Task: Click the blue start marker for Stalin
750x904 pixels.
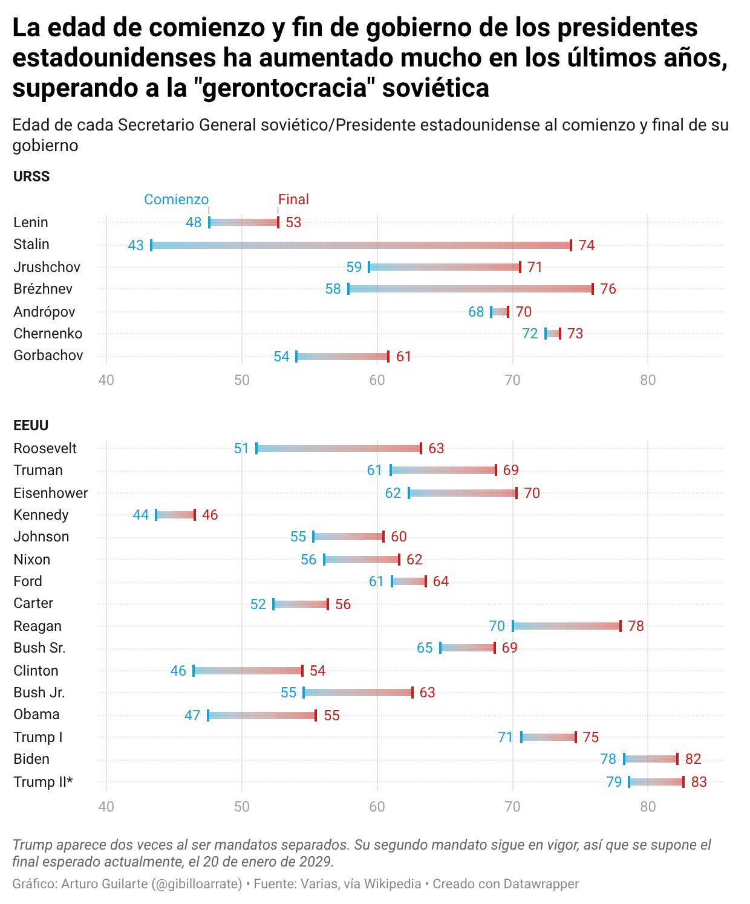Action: tap(151, 245)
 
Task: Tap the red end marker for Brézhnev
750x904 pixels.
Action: tap(593, 289)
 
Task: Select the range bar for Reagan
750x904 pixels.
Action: tap(567, 626)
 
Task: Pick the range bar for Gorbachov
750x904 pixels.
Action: tap(342, 357)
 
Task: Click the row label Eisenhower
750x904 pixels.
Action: tap(51, 493)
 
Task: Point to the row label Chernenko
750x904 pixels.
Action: tap(48, 334)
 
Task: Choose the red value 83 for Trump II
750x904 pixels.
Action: tap(699, 782)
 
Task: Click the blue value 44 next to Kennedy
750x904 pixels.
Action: tap(141, 515)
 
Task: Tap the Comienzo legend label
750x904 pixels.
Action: tap(176, 199)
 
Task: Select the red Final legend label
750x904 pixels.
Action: tap(293, 199)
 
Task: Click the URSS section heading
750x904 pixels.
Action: tap(31, 176)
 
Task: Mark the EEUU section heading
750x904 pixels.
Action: tap(31, 425)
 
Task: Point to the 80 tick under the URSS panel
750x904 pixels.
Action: tap(648, 380)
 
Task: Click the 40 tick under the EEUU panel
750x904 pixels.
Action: tap(106, 807)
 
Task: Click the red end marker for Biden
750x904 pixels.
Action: tap(677, 759)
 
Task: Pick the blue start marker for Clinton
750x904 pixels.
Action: tap(194, 671)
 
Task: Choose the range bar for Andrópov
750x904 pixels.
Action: tap(500, 312)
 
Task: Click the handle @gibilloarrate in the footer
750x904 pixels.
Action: tap(198, 884)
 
